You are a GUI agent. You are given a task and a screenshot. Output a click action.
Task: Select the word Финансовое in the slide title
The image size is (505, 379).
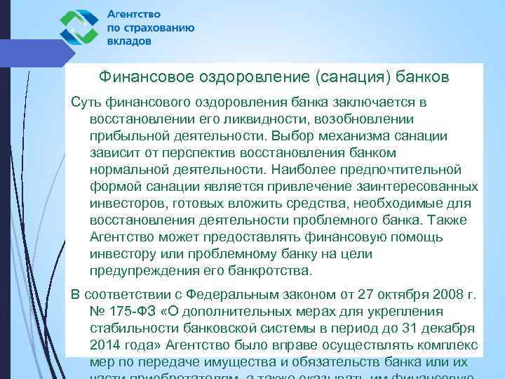coord(141,75)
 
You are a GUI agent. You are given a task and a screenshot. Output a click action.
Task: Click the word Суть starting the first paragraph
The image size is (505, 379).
coord(86,102)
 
